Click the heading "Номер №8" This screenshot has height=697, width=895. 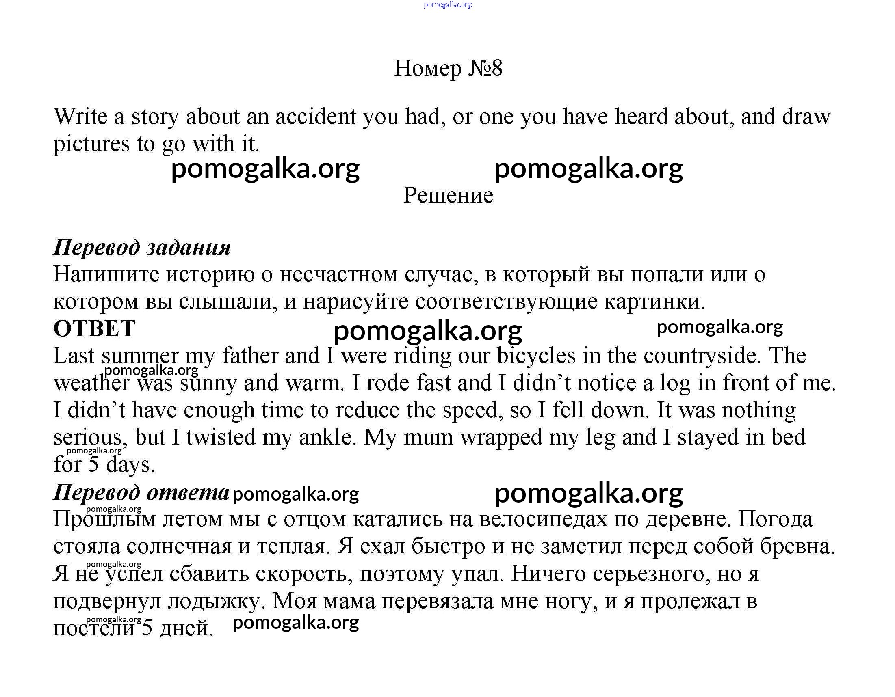pyautogui.click(x=448, y=68)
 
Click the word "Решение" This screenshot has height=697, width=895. pyautogui.click(x=448, y=195)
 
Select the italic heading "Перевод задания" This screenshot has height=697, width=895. pyautogui.click(x=142, y=247)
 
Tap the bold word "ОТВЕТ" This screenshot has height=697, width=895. pyautogui.click(x=94, y=328)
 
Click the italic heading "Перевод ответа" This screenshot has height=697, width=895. pyautogui.click(x=141, y=492)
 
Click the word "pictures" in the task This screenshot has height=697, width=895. pyautogui.click(x=91, y=144)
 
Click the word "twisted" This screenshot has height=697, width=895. pyautogui.click(x=221, y=437)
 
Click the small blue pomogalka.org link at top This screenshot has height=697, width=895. pyautogui.click(x=448, y=5)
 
